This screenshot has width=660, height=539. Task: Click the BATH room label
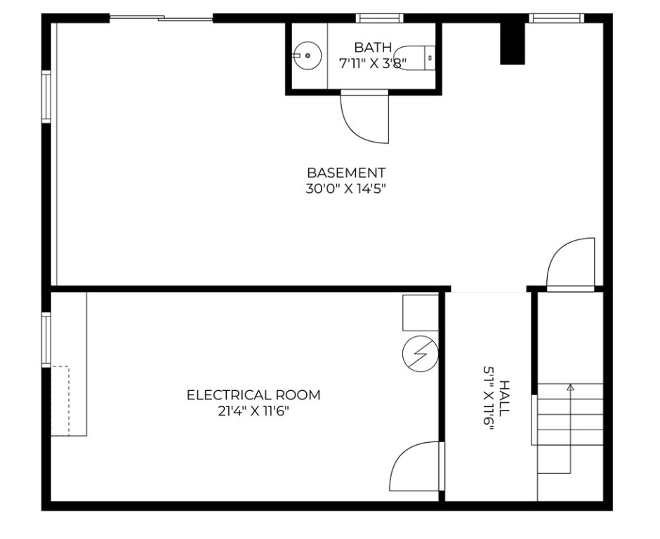click(x=373, y=48)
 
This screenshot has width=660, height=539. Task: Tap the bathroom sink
click(x=307, y=55)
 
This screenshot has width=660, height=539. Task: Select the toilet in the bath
click(x=415, y=57)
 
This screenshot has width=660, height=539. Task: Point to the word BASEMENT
click(x=346, y=172)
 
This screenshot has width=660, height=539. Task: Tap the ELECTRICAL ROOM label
click(x=253, y=395)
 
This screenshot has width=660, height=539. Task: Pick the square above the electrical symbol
click(x=420, y=312)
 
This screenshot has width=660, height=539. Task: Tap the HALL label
click(x=503, y=399)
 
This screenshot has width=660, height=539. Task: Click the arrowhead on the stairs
click(x=570, y=387)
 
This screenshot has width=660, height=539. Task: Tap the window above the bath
click(x=379, y=18)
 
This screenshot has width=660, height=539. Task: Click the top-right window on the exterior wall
click(x=556, y=18)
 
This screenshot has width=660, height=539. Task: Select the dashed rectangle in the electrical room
click(x=60, y=401)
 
